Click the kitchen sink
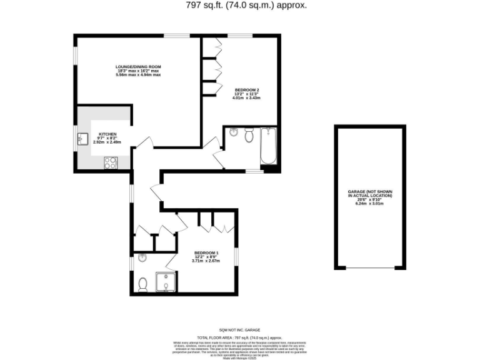[x=82, y=139]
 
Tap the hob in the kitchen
[x=111, y=162]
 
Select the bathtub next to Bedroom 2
[x=268, y=147]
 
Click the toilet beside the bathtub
[x=249, y=135]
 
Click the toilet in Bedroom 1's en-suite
[x=142, y=284]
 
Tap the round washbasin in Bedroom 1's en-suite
[x=142, y=257]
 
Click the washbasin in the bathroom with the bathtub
[x=232, y=132]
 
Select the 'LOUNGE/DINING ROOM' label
[x=138, y=67]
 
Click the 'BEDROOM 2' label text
[x=246, y=90]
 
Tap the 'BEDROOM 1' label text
[x=204, y=252]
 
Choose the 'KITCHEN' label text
[x=107, y=134]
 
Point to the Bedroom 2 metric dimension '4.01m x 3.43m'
[x=246, y=98]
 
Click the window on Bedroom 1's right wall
[x=236, y=258]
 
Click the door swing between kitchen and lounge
[x=142, y=144]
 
